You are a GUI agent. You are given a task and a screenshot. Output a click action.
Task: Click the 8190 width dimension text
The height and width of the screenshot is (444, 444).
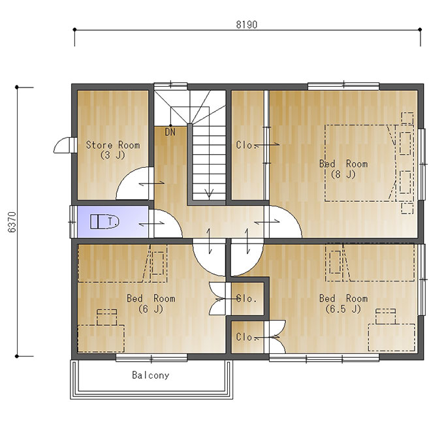(x=247, y=25)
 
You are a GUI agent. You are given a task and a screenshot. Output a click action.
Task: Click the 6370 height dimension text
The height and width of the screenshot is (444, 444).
(x=12, y=222)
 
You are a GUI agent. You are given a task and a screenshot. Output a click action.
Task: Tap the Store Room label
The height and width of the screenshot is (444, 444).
(x=113, y=150)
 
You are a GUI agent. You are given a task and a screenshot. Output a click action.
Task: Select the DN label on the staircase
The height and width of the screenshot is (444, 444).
(x=170, y=132)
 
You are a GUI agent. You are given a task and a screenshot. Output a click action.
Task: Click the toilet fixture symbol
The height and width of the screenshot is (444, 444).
(x=104, y=221)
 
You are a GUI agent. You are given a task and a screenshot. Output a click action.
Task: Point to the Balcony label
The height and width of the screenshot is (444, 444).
(x=151, y=375)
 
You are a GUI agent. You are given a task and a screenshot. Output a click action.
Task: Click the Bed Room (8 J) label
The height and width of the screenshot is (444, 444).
(x=343, y=168)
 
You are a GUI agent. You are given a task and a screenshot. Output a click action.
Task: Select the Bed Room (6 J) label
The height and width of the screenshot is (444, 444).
(x=151, y=303)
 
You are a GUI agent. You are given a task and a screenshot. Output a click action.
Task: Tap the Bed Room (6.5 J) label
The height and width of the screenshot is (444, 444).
(x=343, y=303)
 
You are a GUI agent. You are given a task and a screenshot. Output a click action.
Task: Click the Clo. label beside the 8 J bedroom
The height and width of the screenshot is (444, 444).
(x=246, y=145)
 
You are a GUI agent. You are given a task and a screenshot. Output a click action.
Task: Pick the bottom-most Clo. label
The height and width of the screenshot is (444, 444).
(x=246, y=337)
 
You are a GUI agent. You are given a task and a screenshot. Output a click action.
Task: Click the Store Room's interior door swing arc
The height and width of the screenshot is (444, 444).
(x=125, y=176)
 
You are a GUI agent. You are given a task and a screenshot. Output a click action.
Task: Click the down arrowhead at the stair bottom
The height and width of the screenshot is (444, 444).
(x=209, y=194)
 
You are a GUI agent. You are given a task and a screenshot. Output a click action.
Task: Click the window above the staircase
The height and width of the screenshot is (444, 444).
(x=170, y=85)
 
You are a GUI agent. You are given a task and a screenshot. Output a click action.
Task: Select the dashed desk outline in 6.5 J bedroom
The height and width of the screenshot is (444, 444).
(x=392, y=338)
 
